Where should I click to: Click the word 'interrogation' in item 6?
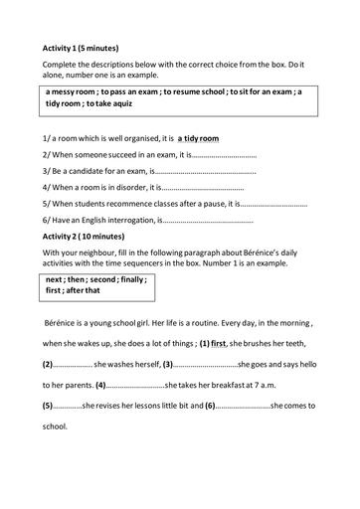click(132, 219)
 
